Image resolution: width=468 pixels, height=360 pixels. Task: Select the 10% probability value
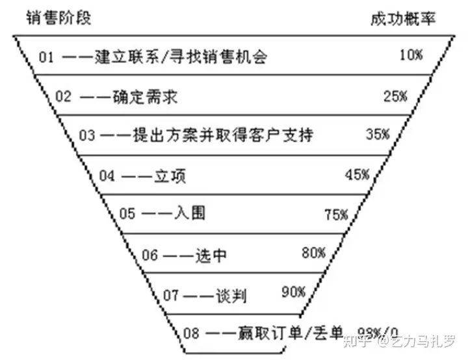tap(411, 55)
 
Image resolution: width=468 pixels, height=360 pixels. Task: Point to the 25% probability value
tap(395, 96)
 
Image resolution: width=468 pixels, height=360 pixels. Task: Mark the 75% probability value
tap(337, 214)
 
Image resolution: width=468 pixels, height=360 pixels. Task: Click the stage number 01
tap(46, 57)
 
